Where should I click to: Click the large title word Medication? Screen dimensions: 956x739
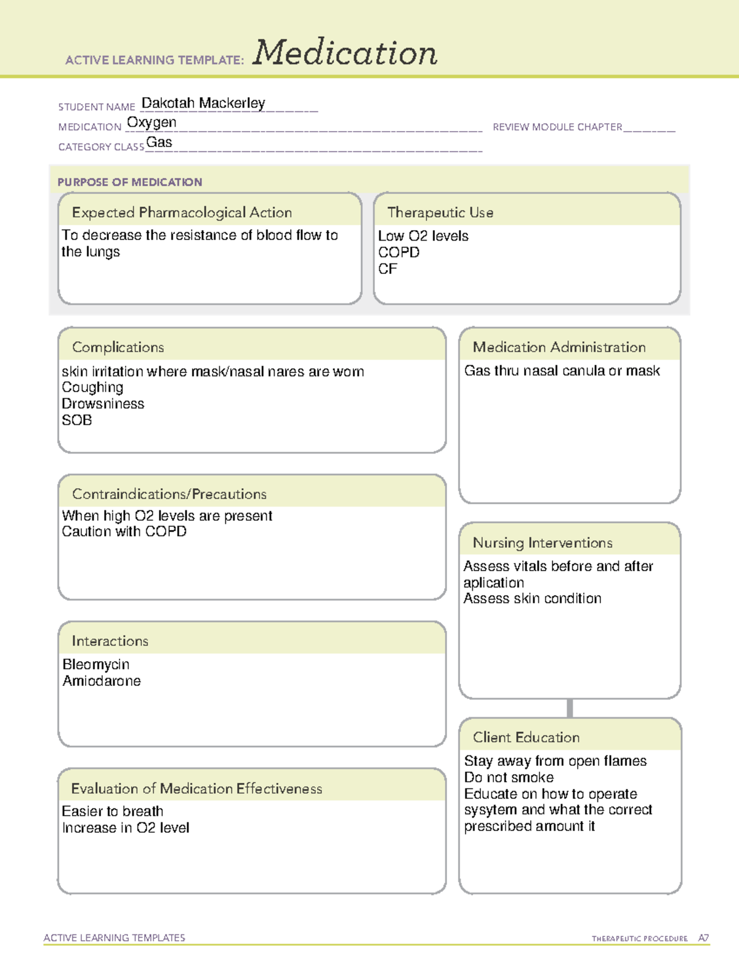(x=345, y=53)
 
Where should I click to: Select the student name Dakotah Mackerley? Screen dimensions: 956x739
(x=203, y=103)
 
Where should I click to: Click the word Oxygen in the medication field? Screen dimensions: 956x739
(x=151, y=123)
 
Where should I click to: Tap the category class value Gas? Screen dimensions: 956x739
(x=159, y=142)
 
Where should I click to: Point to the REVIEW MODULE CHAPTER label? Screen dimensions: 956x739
(x=557, y=127)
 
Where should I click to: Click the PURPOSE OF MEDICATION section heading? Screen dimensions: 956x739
(x=129, y=182)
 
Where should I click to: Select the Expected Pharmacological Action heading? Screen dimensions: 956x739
(x=182, y=212)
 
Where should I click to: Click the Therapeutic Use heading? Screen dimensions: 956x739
(x=440, y=212)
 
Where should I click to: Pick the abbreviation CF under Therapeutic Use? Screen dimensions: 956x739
(x=387, y=269)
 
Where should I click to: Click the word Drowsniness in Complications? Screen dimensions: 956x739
(x=103, y=404)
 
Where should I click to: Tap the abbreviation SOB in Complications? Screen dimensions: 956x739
(x=77, y=420)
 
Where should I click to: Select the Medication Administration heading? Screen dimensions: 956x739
(x=559, y=347)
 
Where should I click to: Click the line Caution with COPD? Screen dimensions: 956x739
(x=124, y=531)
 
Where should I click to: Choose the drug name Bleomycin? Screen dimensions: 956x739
(x=96, y=664)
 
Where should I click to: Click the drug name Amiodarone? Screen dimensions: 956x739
(x=102, y=681)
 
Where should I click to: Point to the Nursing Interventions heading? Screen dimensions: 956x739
(x=542, y=543)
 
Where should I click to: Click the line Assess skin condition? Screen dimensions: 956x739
(x=532, y=598)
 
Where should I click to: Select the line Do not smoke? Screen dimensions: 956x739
(x=509, y=777)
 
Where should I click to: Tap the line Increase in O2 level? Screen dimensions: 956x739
(x=126, y=828)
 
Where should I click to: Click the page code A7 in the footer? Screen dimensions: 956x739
(x=703, y=938)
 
